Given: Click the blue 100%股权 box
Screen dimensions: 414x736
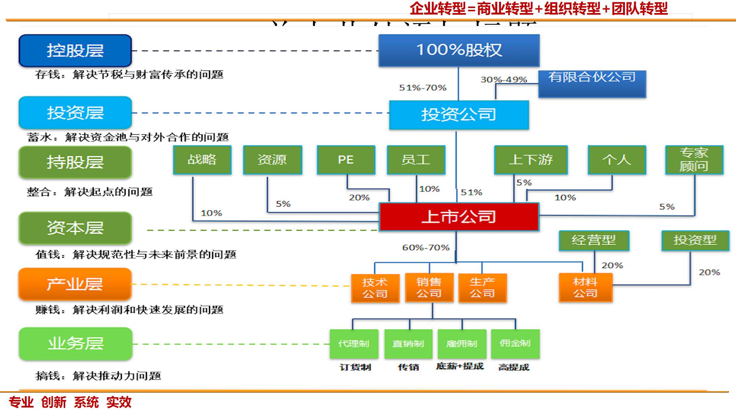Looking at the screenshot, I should [x=459, y=50].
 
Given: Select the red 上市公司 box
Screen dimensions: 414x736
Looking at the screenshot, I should [x=459, y=217].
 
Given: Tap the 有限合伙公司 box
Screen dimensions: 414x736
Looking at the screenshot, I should [x=592, y=83].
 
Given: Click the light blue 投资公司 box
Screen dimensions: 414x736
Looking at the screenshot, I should [x=459, y=115].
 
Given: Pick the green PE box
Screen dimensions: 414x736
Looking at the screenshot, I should [x=346, y=160].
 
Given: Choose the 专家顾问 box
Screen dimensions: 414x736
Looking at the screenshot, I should [x=694, y=160].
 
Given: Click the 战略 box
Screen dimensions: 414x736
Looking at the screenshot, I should [x=202, y=160].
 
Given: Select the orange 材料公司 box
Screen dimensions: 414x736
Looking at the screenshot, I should [x=585, y=288].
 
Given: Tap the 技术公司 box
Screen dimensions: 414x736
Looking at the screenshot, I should [x=375, y=288].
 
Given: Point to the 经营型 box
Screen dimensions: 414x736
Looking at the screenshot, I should [x=594, y=240].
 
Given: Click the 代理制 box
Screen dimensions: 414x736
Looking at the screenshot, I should [x=354, y=344].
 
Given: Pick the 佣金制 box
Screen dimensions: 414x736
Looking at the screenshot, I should [x=515, y=344].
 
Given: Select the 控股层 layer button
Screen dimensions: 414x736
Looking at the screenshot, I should [x=75, y=50].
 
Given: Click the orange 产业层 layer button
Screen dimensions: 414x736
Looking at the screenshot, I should [x=75, y=284].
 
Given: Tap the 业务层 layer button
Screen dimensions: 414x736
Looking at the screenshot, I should [x=75, y=343].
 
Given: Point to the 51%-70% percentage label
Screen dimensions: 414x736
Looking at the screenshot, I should [x=423, y=88].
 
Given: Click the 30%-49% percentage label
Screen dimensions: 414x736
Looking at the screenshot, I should [x=504, y=79].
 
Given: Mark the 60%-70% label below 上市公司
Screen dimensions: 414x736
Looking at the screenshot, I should [x=426, y=247].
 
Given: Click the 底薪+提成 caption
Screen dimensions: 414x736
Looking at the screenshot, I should [x=460, y=367].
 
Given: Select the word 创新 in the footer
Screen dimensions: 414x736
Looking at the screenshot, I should [x=54, y=402].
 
